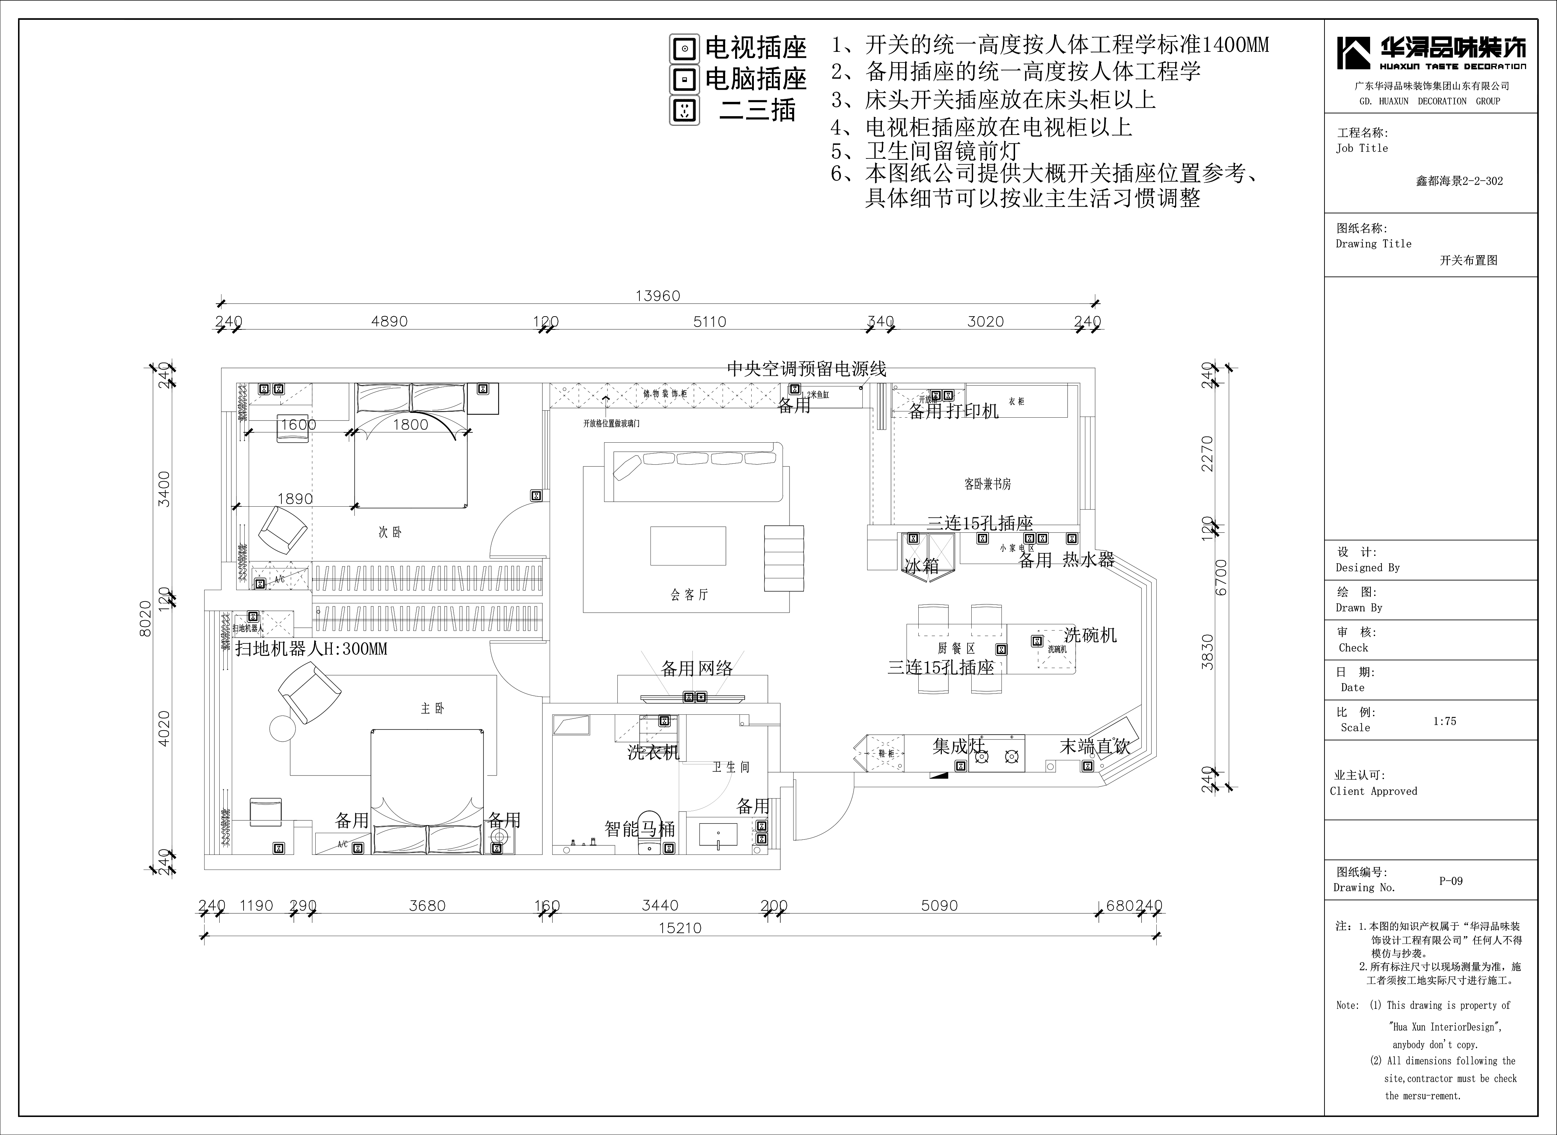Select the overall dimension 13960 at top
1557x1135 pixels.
657,296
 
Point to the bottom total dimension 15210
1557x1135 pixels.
680,928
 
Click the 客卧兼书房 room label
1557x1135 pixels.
987,484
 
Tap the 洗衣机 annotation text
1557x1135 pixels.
653,752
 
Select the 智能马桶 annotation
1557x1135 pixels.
639,829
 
